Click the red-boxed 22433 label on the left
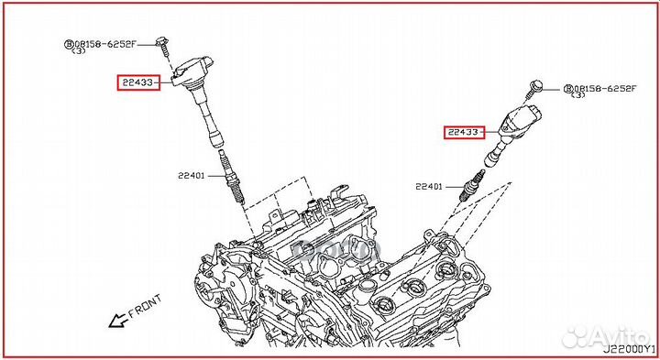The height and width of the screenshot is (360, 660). click(137, 83)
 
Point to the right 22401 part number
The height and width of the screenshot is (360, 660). click(428, 187)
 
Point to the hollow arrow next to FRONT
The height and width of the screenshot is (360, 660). click(116, 321)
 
